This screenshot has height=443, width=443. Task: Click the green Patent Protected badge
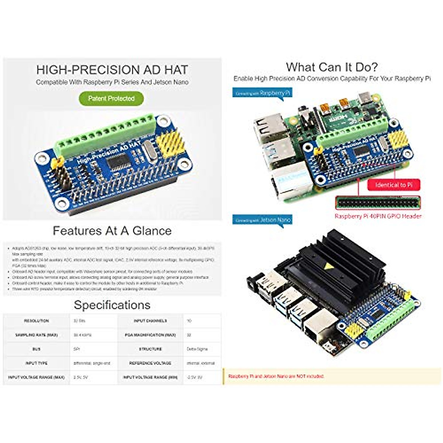[111, 99]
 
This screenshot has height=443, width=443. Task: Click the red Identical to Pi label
[394, 185]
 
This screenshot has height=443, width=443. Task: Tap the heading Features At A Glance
[112, 231]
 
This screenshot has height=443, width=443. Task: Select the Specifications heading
[112, 305]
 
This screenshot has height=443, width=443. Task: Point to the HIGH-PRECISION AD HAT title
[112, 70]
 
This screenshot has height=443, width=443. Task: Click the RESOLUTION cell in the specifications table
[36, 321]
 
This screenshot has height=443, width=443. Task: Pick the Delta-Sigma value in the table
[198, 349]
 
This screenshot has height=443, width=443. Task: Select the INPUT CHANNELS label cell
[150, 321]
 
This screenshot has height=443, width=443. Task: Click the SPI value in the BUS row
[77, 349]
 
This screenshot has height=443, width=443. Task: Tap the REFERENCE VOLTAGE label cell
[150, 363]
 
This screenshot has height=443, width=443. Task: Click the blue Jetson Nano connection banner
[262, 220]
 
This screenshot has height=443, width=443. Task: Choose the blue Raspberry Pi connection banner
[262, 93]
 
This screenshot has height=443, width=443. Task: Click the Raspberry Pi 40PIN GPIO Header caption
[378, 216]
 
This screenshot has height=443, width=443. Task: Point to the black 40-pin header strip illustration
[378, 202]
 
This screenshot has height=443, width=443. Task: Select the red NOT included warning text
[276, 376]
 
